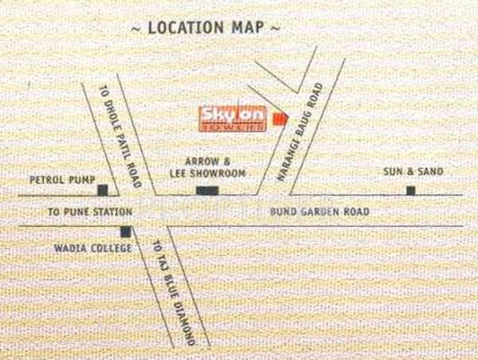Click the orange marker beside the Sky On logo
coord(278,119)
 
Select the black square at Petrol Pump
coord(103,190)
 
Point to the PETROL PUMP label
coord(57,180)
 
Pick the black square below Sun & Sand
coord(410,190)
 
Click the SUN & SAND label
coord(413,171)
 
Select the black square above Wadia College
coord(125,232)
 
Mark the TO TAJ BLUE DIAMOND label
coord(173,290)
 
